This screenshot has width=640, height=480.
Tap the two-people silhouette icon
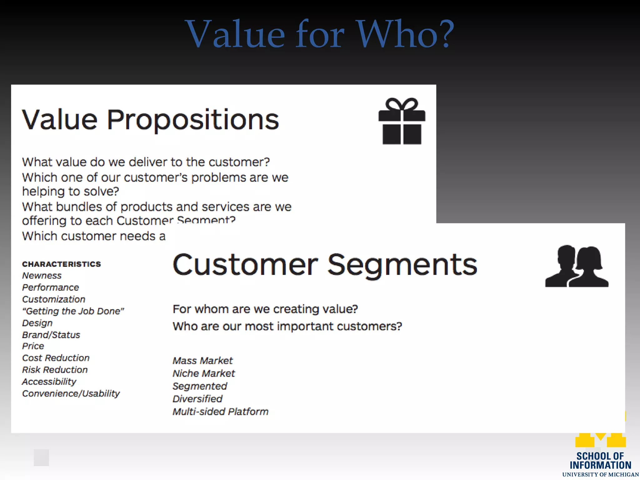tap(577, 267)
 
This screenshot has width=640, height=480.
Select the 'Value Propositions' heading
tap(150, 120)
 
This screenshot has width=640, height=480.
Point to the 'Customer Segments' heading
tap(325, 265)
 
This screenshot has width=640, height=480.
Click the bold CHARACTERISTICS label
tap(62, 264)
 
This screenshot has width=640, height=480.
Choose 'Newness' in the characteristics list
tap(42, 276)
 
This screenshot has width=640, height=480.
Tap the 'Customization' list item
tap(54, 299)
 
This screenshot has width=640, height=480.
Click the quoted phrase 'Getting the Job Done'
tap(73, 311)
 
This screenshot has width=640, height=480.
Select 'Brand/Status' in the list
tap(51, 335)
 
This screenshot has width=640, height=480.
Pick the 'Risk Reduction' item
tap(55, 370)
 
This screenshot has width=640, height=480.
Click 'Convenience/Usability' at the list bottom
tap(71, 394)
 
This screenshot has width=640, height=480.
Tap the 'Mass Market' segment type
tap(202, 361)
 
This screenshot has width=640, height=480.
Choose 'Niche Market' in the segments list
tap(204, 373)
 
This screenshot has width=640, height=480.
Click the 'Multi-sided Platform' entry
tap(220, 412)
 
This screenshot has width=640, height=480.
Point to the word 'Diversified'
tap(197, 399)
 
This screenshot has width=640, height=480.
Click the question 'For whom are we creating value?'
tap(265, 309)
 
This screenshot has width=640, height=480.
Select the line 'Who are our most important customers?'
tap(287, 327)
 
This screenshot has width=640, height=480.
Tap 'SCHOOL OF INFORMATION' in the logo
tap(600, 461)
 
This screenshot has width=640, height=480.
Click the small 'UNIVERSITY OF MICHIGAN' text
tap(600, 475)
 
